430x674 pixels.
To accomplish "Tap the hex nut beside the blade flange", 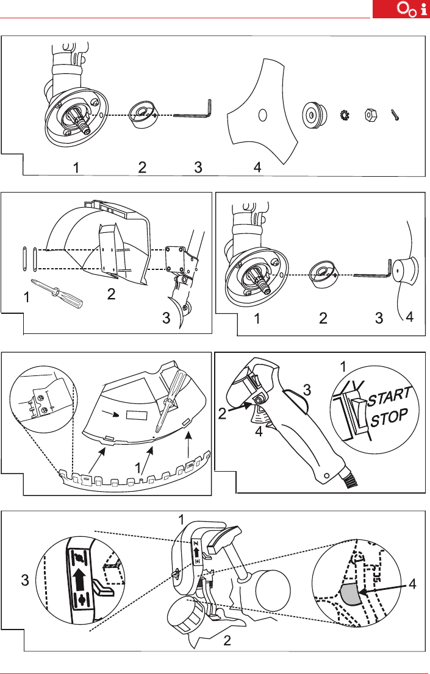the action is tap(369, 115).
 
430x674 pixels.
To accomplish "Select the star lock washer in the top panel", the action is tap(345, 115).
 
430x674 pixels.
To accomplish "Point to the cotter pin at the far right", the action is tap(395, 115).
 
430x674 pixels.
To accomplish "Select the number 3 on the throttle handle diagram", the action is tap(307, 390).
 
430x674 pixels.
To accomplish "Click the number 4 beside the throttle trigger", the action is tap(259, 431).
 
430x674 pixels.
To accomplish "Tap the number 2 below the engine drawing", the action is tap(227, 640).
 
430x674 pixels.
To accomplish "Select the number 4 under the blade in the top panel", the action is tap(257, 167).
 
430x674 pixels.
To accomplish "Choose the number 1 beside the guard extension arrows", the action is tap(138, 467).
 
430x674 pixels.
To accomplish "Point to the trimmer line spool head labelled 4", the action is tap(406, 270).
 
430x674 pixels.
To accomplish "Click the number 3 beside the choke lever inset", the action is tap(25, 580).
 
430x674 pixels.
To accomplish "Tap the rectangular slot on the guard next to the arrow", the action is tap(137, 416).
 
